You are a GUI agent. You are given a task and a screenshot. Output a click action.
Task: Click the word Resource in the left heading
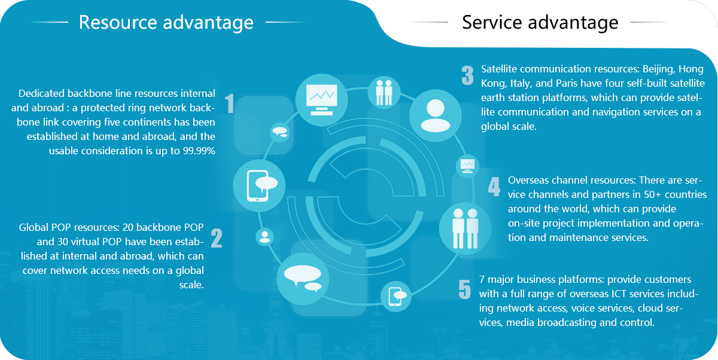tap(118, 22)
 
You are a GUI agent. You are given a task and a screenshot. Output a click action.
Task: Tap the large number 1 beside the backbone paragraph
tap(230, 103)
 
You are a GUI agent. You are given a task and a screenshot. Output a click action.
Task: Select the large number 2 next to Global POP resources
tap(217, 238)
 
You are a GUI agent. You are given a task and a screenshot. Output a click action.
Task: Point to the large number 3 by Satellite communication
tap(468, 75)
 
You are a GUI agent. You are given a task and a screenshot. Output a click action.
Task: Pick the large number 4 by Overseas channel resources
tap(494, 187)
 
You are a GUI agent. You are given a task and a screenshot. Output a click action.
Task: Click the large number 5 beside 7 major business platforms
tap(465, 289)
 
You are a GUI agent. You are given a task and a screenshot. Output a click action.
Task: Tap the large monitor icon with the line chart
tap(321, 100)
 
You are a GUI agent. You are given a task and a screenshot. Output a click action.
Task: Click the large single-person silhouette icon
tap(436, 115)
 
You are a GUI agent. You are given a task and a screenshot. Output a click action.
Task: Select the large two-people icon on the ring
tap(466, 228)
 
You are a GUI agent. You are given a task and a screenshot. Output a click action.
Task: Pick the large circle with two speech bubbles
tap(303, 279)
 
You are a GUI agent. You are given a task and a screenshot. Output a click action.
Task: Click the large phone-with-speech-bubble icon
tap(259, 186)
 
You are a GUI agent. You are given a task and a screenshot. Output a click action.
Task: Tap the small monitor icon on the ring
tap(467, 166)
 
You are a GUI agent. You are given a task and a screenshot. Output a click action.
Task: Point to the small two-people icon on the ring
tap(384, 93)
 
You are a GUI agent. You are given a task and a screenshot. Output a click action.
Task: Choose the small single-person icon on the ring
tap(264, 237)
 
